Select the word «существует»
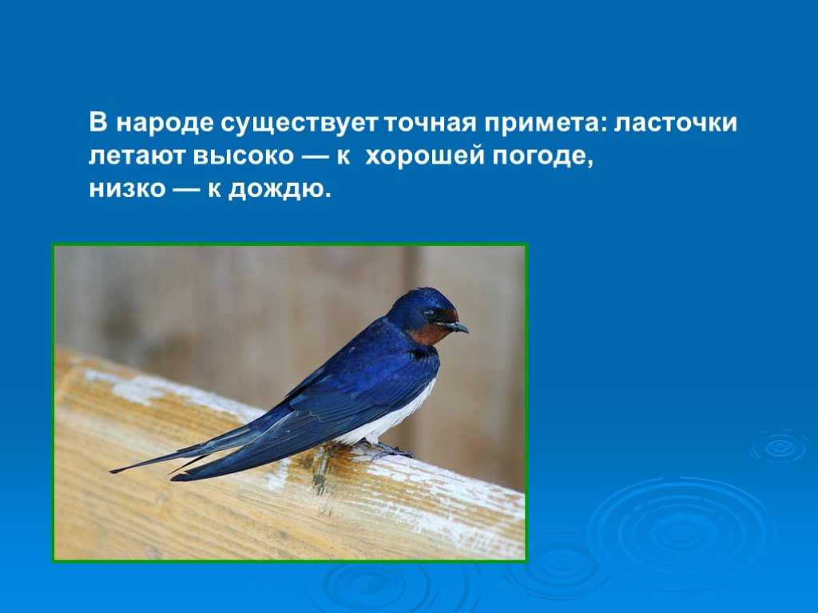point(299,124)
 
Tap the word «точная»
point(430,124)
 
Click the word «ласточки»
point(675,124)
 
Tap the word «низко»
point(127,189)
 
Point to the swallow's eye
point(430,313)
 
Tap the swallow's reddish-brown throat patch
point(429,334)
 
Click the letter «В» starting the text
point(98,124)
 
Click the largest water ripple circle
point(678,531)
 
